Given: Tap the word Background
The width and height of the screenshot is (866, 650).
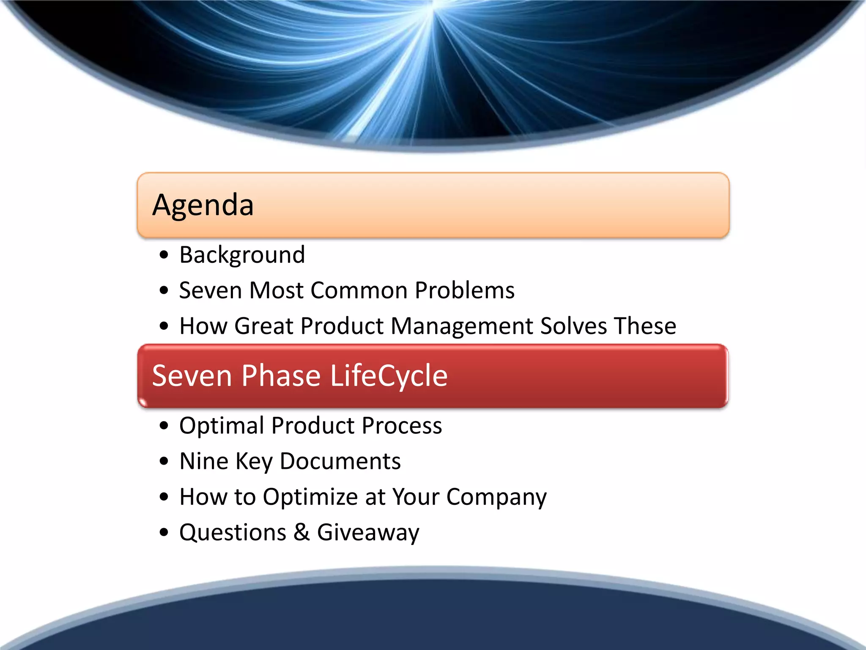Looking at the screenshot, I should (242, 255).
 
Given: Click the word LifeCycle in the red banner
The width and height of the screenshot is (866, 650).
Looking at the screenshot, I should (388, 376).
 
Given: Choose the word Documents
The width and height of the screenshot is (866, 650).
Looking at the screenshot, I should (340, 461).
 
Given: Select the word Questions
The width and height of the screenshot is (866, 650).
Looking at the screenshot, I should (233, 533).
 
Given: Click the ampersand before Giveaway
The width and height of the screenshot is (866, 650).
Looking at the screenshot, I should (301, 532).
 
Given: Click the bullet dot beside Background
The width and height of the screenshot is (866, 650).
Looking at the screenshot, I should (164, 255).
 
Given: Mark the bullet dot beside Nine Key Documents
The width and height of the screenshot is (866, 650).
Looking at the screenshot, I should (164, 461).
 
